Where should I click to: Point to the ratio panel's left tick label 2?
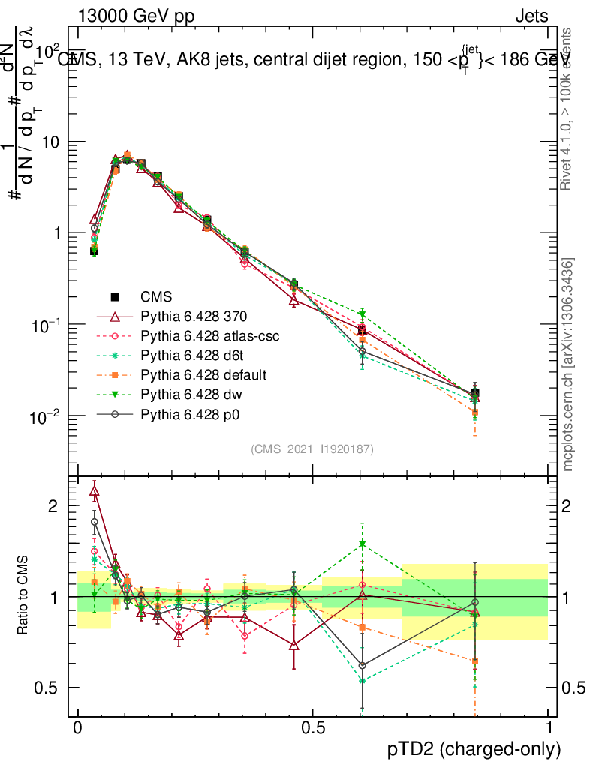click(53, 506)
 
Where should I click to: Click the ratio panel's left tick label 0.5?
click(47, 688)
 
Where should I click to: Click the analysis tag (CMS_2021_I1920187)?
click(312, 448)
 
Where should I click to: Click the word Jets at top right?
click(531, 16)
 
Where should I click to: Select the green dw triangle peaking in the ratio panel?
click(363, 544)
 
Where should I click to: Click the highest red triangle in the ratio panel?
click(94, 492)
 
